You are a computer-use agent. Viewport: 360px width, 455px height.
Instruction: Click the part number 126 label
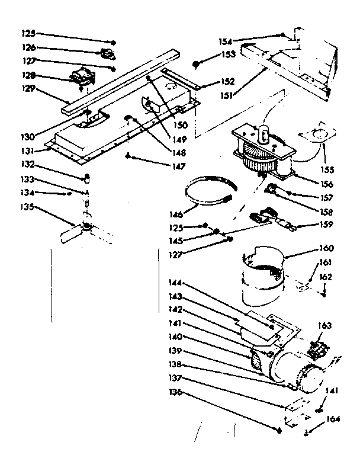pos(29,47)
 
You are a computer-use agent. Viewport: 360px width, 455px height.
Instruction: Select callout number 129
pos(29,89)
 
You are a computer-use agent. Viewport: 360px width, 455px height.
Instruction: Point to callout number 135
pos(29,207)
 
